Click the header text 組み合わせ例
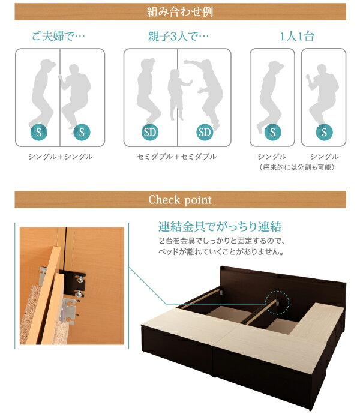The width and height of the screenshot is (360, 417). pos(180,11)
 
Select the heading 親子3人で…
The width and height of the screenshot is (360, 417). pos(179,36)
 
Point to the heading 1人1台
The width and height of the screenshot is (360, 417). pos(296,36)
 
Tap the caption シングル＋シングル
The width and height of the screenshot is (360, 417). pos(60,157)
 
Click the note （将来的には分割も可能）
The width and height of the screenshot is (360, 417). pos(296,167)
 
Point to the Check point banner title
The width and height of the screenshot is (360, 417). pos(180,200)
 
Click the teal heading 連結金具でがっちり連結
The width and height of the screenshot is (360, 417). pos(220,227)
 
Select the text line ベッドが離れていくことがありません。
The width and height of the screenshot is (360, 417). pos(216,252)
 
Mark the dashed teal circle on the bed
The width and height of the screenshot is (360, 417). pos(277,301)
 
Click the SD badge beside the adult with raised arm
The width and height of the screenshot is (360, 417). pos(205,132)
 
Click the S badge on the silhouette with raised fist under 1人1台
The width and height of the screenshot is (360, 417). pos(324,132)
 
